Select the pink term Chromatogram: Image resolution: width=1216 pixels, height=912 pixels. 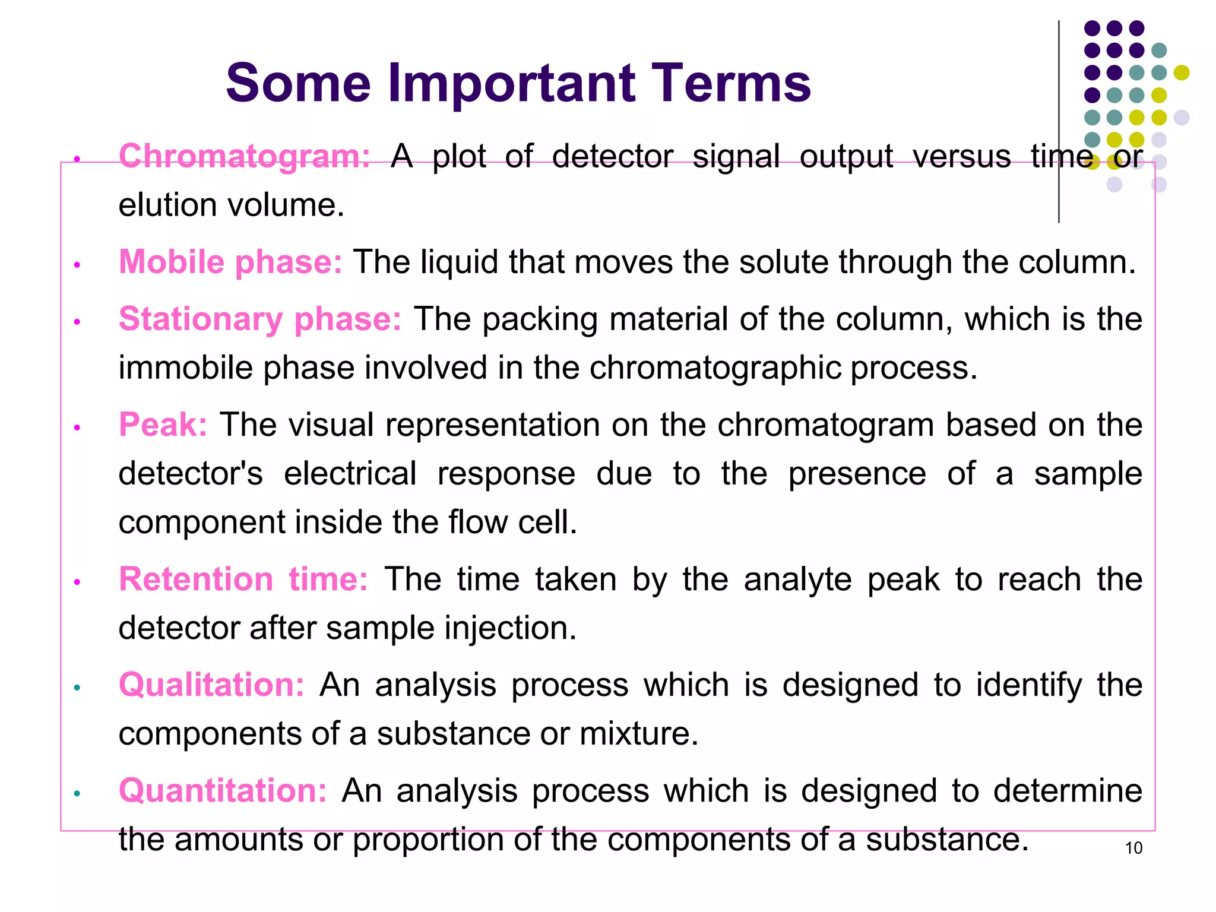pyautogui.click(x=244, y=156)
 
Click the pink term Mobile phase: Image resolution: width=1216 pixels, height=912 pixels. pyautogui.click(x=230, y=262)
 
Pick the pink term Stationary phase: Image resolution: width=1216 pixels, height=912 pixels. pyautogui.click(x=259, y=319)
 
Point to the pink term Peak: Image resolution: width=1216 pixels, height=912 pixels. pyautogui.click(x=163, y=425)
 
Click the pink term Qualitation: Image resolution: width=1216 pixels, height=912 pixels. pyautogui.click(x=211, y=685)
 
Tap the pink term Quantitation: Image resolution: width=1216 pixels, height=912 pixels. pyautogui.click(x=222, y=790)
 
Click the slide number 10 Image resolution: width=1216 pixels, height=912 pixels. pyautogui.click(x=1133, y=848)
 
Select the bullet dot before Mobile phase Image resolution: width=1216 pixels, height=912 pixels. pyautogui.click(x=77, y=265)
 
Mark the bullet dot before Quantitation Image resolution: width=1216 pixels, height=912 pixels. pyautogui.click(x=77, y=793)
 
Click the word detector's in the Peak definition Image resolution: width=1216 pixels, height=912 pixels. pyautogui.click(x=190, y=474)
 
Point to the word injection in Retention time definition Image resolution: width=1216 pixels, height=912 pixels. pyautogui.click(x=510, y=628)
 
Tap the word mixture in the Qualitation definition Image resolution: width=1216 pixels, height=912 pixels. pyautogui.click(x=638, y=734)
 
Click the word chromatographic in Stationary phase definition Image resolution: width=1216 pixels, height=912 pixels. pyautogui.click(x=715, y=368)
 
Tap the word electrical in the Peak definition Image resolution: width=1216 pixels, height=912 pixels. pyautogui.click(x=350, y=474)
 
